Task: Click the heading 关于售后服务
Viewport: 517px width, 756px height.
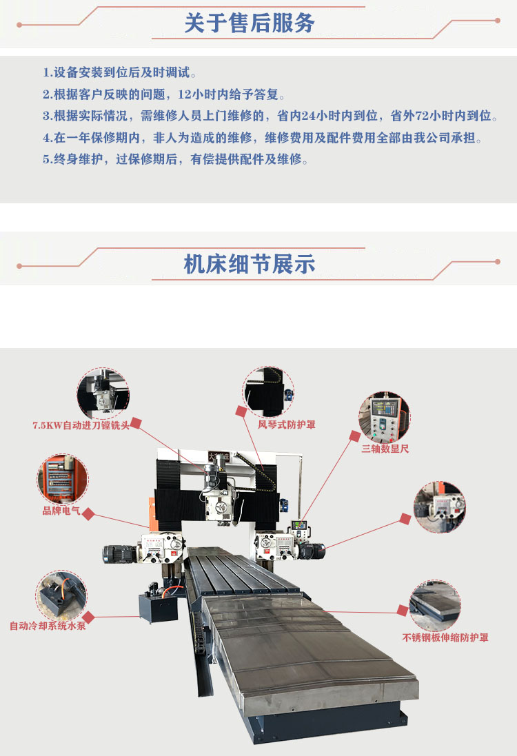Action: click(250, 23)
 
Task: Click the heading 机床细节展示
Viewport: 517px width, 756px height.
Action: click(250, 264)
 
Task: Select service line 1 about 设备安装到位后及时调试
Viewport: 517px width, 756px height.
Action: click(120, 72)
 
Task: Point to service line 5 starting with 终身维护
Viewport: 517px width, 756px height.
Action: click(176, 159)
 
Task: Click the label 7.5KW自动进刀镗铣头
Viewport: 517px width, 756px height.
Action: click(81, 425)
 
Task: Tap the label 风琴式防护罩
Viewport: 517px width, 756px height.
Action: click(287, 425)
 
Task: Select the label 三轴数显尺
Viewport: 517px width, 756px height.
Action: click(385, 449)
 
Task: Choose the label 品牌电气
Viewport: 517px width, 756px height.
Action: click(61, 511)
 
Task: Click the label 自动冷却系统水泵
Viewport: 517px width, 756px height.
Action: click(48, 626)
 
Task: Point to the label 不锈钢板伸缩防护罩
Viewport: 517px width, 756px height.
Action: click(445, 637)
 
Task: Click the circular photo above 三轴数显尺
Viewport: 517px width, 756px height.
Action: click(384, 417)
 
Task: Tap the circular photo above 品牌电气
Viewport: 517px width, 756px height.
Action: click(63, 479)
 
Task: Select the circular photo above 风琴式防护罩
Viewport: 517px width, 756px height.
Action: click(268, 391)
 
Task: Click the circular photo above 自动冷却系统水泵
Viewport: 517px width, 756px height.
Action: click(61, 595)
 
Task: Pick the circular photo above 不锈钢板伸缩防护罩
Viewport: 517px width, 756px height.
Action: click(435, 606)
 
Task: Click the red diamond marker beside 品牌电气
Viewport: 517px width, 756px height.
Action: click(88, 514)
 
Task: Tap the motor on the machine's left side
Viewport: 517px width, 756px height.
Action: click(119, 553)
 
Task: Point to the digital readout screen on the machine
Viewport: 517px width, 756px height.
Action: click(298, 525)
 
